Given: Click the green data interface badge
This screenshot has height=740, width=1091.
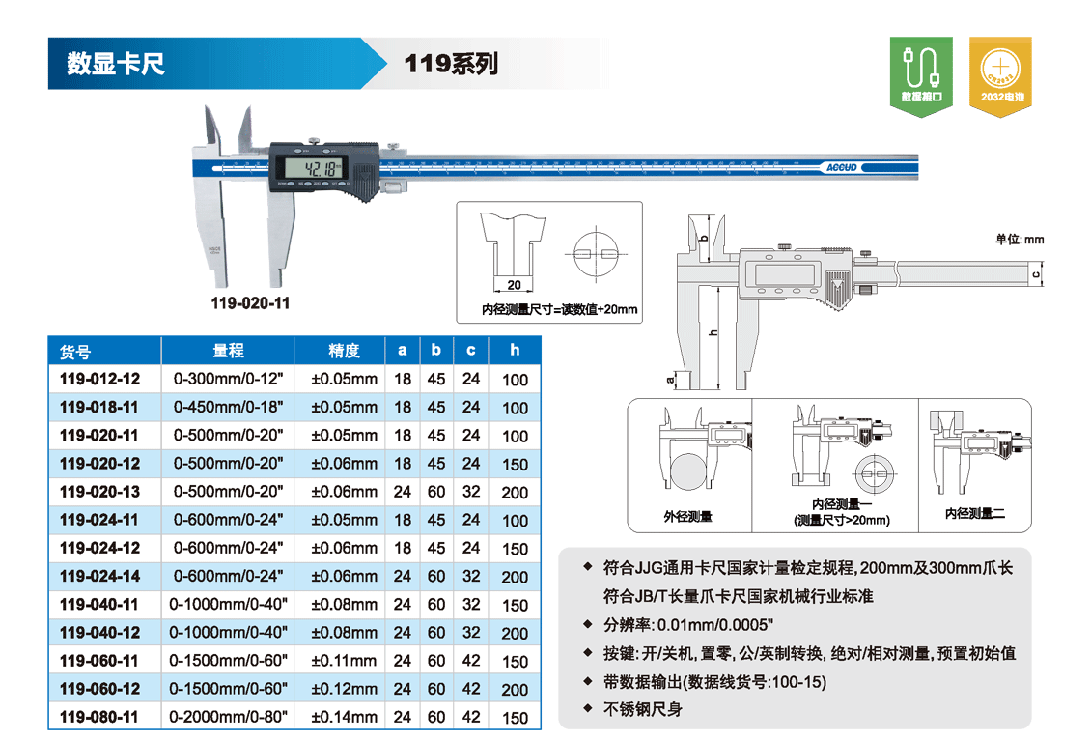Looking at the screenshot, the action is click(x=921, y=76).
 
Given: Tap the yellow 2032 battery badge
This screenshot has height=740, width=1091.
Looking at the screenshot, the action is click(x=1000, y=76).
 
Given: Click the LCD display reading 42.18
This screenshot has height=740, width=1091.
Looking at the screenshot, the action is click(x=313, y=167).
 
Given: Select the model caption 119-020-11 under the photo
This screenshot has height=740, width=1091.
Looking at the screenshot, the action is click(x=250, y=303).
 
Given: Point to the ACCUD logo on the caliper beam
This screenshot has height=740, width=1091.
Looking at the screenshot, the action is click(x=841, y=168).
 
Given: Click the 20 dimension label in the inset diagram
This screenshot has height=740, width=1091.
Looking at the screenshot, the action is click(x=515, y=285).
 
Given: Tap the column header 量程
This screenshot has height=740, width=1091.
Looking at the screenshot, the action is click(x=228, y=351).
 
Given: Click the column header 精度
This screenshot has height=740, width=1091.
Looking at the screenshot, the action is click(x=344, y=351).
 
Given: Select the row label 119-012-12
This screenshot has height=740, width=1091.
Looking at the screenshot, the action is click(x=100, y=380).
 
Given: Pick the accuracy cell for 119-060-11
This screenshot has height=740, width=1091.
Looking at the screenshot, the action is click(x=344, y=661).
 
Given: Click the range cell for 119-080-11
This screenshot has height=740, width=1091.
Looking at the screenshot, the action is click(x=228, y=717).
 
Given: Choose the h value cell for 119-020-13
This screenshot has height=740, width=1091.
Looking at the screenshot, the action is click(x=515, y=492).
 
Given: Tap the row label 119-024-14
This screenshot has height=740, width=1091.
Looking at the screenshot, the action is click(x=100, y=577).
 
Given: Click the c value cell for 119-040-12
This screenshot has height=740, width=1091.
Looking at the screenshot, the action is click(x=471, y=633).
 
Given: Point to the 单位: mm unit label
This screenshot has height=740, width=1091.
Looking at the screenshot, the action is click(x=1020, y=240).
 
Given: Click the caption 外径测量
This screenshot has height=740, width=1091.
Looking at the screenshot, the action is click(x=687, y=517).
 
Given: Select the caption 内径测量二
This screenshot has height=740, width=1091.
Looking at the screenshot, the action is click(x=975, y=514).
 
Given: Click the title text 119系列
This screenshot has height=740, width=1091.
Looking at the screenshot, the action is click(x=451, y=64).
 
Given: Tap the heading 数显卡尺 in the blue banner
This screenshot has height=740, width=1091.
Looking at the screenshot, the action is click(x=116, y=64).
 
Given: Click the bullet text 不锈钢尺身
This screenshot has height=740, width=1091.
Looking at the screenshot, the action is click(x=643, y=709).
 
